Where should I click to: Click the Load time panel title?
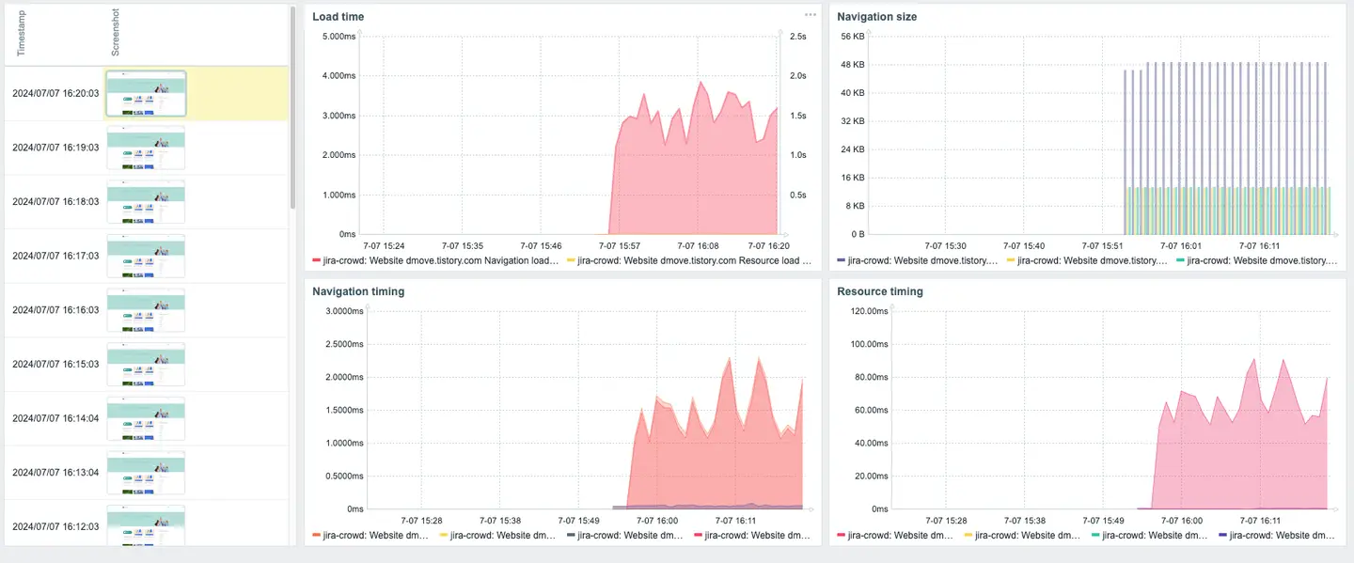pyautogui.click(x=338, y=17)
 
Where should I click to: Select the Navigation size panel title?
pyautogui.click(x=876, y=17)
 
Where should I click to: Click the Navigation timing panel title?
pyautogui.click(x=358, y=291)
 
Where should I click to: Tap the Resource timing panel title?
pyautogui.click(x=879, y=291)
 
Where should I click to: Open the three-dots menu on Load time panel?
pyautogui.click(x=810, y=15)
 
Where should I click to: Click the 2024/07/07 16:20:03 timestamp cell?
pyautogui.click(x=55, y=94)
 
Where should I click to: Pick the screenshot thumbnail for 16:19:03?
pyautogui.click(x=145, y=149)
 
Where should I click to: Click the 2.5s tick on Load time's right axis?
pyautogui.click(x=797, y=37)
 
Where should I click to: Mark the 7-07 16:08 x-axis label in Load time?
pyautogui.click(x=698, y=245)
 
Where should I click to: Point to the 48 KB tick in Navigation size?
pyautogui.click(x=852, y=65)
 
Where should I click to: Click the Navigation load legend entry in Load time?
pyautogui.click(x=436, y=260)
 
